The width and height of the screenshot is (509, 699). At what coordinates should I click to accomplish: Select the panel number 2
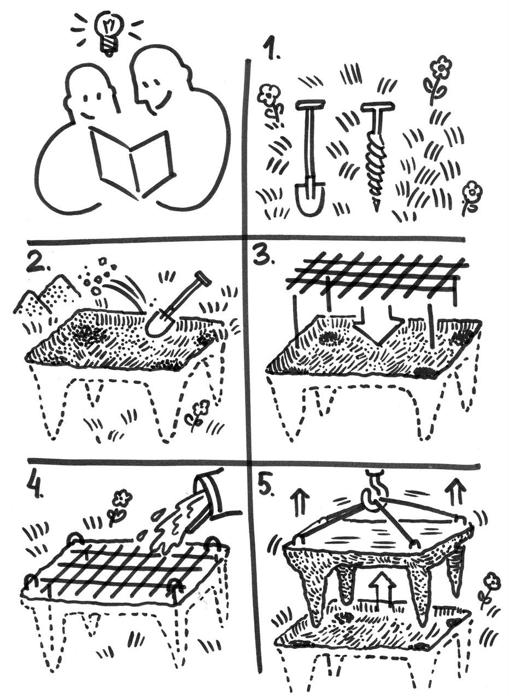coord(38,264)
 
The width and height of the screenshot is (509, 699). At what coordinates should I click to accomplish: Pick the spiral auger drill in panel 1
coord(377,158)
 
